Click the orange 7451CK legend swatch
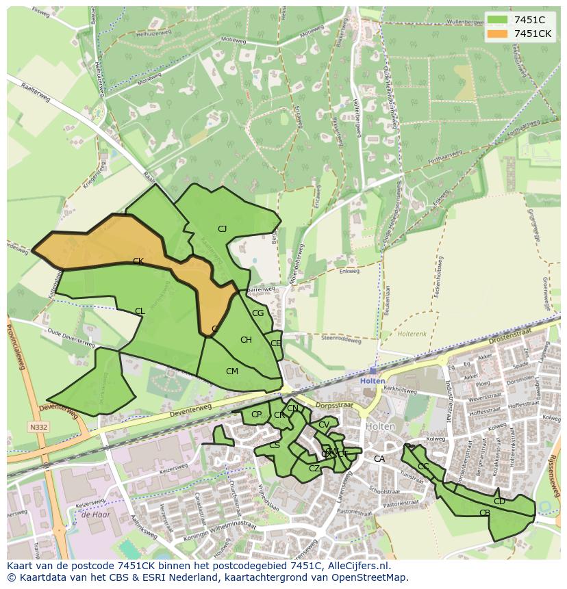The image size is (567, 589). pyautogui.click(x=498, y=34)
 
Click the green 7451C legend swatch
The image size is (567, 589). pyautogui.click(x=498, y=20)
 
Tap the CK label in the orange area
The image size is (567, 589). pyautogui.click(x=138, y=261)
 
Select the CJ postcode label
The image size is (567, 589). pyautogui.click(x=222, y=229)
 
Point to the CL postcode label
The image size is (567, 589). pyautogui.click(x=140, y=311)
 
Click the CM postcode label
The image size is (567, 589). pyautogui.click(x=232, y=371)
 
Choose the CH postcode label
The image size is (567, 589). pyautogui.click(x=246, y=340)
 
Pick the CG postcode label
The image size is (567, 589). pyautogui.click(x=257, y=313)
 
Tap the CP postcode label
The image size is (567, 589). pyautogui.click(x=256, y=415)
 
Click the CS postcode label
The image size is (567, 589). pyautogui.click(x=274, y=445)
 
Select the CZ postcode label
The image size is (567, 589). pyautogui.click(x=314, y=469)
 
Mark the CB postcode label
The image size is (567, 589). pyautogui.click(x=485, y=513)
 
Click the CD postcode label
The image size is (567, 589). pyautogui.click(x=499, y=501)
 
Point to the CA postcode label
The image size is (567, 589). pyautogui.click(x=379, y=459)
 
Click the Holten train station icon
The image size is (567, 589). pyautogui.click(x=373, y=371)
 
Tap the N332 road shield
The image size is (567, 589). pyautogui.click(x=38, y=427)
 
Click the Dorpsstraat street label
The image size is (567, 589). pyautogui.click(x=335, y=405)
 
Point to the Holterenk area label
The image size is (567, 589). pyautogui.click(x=413, y=334)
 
